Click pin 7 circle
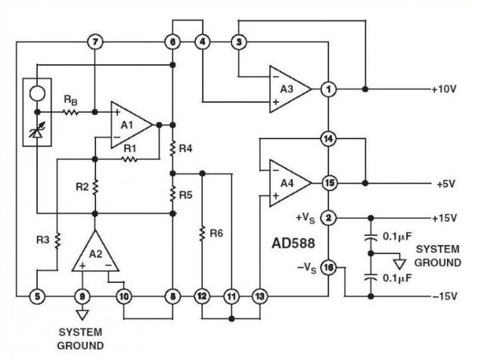click(94, 41)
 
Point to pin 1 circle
click(328, 89)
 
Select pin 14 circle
click(328, 138)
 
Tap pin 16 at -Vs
click(328, 266)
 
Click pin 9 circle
click(82, 296)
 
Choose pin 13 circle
click(260, 296)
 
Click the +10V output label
click(445, 89)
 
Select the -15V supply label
click(445, 296)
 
